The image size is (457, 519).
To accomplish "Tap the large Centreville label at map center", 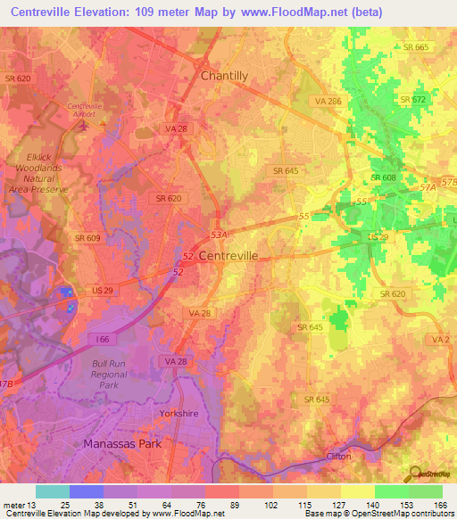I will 228,255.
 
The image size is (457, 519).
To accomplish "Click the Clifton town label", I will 338,456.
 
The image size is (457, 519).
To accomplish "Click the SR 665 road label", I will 415,47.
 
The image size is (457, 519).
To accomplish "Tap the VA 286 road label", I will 328,103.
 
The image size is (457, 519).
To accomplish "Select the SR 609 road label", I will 87,238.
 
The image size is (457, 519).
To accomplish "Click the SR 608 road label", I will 383,177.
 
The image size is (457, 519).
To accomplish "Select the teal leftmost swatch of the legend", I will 52,491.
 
